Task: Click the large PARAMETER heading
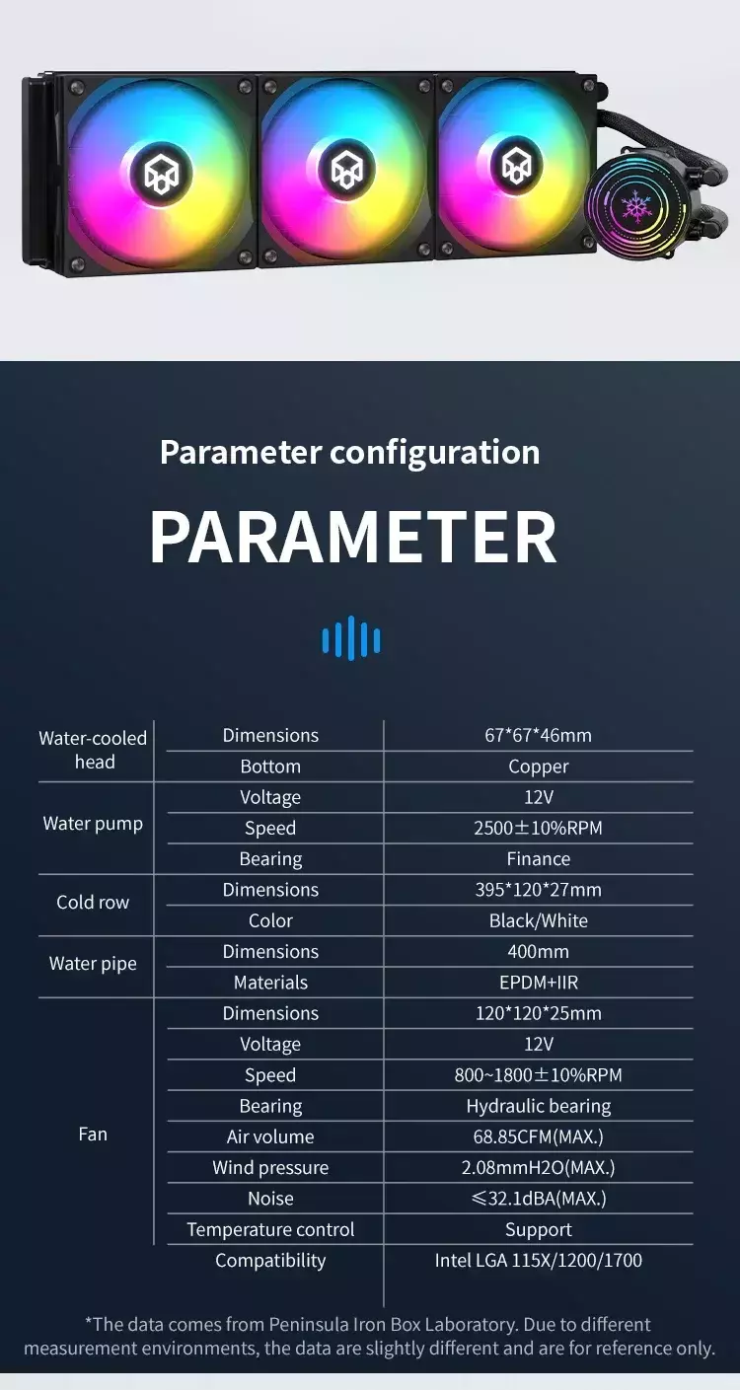coord(353,538)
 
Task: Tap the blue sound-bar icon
coord(351,638)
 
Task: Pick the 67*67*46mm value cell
coord(539,735)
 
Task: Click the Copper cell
coord(539,767)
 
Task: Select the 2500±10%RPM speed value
coord(539,828)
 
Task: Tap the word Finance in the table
coord(539,859)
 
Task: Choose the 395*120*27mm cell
coord(539,890)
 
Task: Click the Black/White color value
coord(539,920)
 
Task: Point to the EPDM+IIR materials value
coord(539,983)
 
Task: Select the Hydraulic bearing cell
coord(539,1107)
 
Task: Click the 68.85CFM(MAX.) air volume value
coord(539,1136)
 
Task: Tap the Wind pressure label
coord(270,1168)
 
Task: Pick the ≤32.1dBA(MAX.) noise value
coord(539,1199)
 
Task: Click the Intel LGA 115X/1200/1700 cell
coord(539,1261)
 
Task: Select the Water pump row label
coord(93,824)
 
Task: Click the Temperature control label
coord(270,1229)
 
